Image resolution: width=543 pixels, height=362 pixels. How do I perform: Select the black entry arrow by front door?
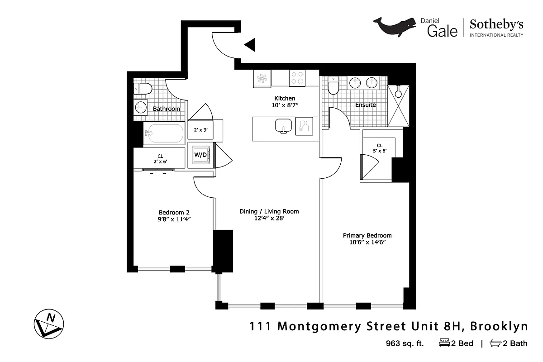(250, 45)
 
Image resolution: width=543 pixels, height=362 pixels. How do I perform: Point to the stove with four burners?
(297, 78)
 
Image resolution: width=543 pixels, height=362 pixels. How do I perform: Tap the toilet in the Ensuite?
(333, 85)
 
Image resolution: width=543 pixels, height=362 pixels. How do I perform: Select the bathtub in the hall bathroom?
(164, 133)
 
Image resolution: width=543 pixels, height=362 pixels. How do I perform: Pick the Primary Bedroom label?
(367, 235)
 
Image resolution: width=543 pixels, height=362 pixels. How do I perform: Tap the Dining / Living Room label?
(269, 211)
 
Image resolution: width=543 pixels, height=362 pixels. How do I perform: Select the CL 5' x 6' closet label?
(379, 148)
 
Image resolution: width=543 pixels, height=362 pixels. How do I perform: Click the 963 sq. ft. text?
(405, 343)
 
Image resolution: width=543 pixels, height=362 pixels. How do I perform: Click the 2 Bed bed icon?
(443, 343)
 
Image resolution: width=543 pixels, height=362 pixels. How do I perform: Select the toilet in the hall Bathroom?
(143, 88)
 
